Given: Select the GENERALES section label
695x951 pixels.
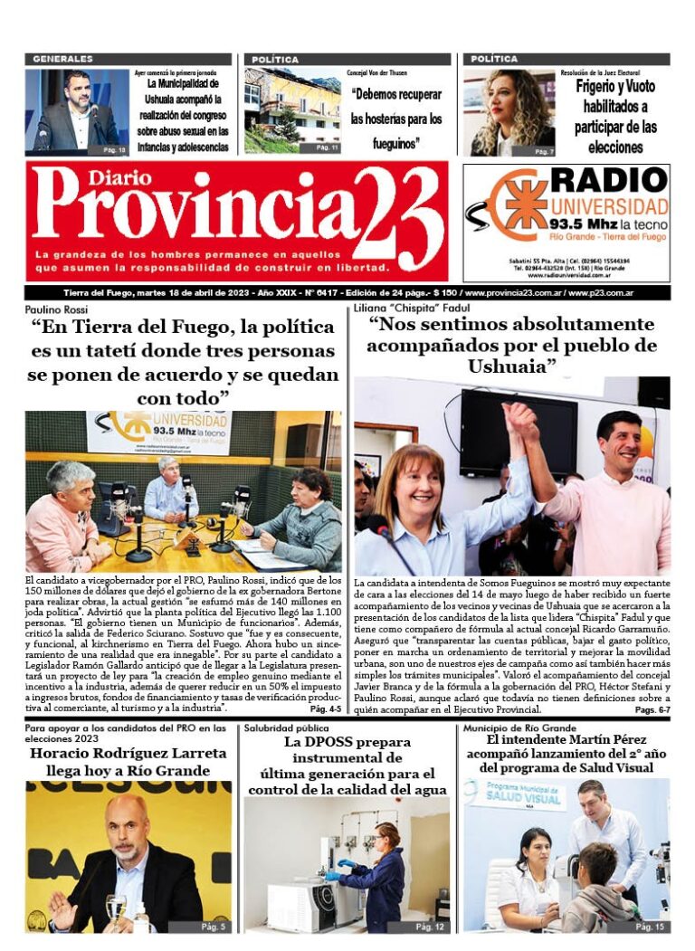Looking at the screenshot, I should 62,59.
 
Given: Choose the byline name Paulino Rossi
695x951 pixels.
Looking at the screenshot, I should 57,309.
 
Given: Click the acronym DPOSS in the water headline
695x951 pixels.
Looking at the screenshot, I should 320,742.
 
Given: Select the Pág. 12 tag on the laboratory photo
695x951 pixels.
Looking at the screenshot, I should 430,927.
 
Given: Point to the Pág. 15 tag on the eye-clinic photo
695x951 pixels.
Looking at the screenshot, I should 650,927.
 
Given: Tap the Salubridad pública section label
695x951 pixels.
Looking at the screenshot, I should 286,728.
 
